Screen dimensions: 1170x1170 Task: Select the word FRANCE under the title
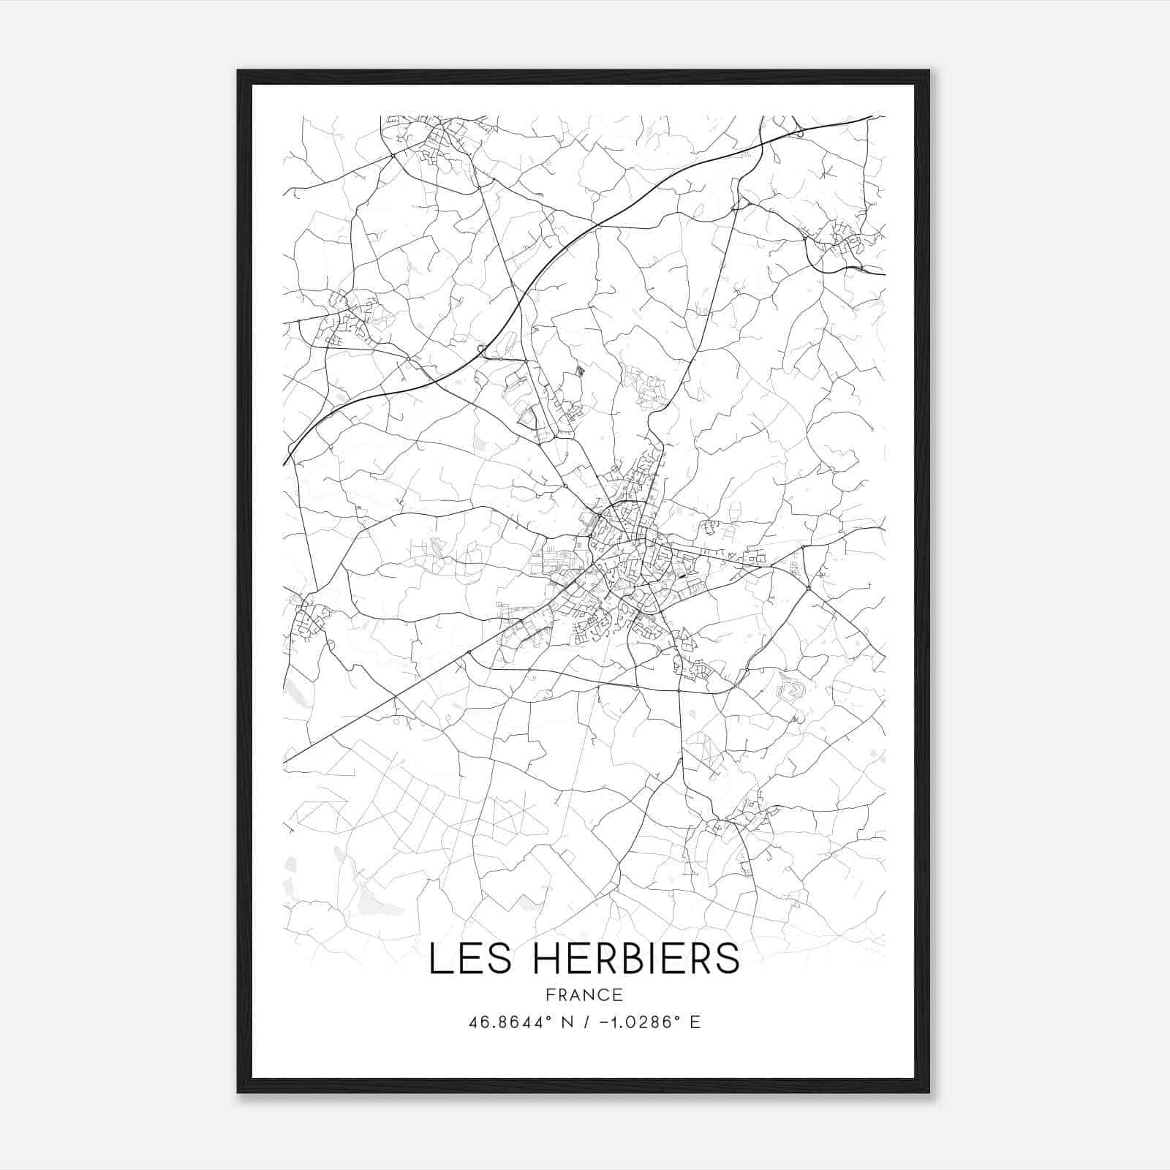pyautogui.click(x=584, y=994)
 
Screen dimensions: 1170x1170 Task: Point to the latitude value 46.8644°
pyautogui.click(x=510, y=1022)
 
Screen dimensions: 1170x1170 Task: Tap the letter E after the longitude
pyautogui.click(x=695, y=1022)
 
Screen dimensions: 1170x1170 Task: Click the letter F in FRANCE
pyautogui.click(x=550, y=994)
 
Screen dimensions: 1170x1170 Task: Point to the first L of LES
pyautogui.click(x=438, y=959)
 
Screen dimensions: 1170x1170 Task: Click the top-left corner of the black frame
pyautogui.click(x=238, y=71)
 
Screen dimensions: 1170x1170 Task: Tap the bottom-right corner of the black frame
pyautogui.click(x=929, y=1092)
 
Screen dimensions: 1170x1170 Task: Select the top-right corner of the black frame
pyautogui.click(x=929, y=71)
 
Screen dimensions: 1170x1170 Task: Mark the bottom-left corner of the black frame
pyautogui.click(x=238, y=1092)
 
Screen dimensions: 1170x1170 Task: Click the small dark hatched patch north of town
pyautogui.click(x=581, y=371)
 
